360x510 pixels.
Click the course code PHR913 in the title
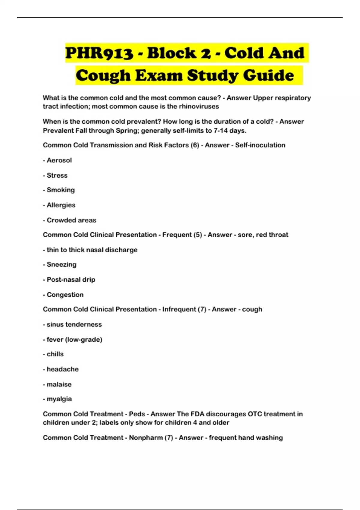(x=99, y=53)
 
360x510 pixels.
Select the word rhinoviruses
(x=199, y=106)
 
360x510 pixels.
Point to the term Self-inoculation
(x=260, y=145)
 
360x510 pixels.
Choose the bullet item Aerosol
(x=59, y=160)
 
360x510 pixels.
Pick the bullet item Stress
(x=57, y=175)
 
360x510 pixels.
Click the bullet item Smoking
(x=61, y=190)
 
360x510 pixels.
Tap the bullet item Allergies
(x=61, y=205)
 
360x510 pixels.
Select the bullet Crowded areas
(x=71, y=220)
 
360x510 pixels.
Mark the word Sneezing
(x=61, y=265)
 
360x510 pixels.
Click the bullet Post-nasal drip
(x=71, y=280)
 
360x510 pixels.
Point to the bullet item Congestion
(x=65, y=295)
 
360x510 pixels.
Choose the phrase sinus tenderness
(x=74, y=324)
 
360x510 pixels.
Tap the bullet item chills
(x=55, y=354)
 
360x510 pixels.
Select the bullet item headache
(x=63, y=369)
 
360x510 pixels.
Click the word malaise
(x=59, y=384)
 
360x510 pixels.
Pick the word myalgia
(x=59, y=399)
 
